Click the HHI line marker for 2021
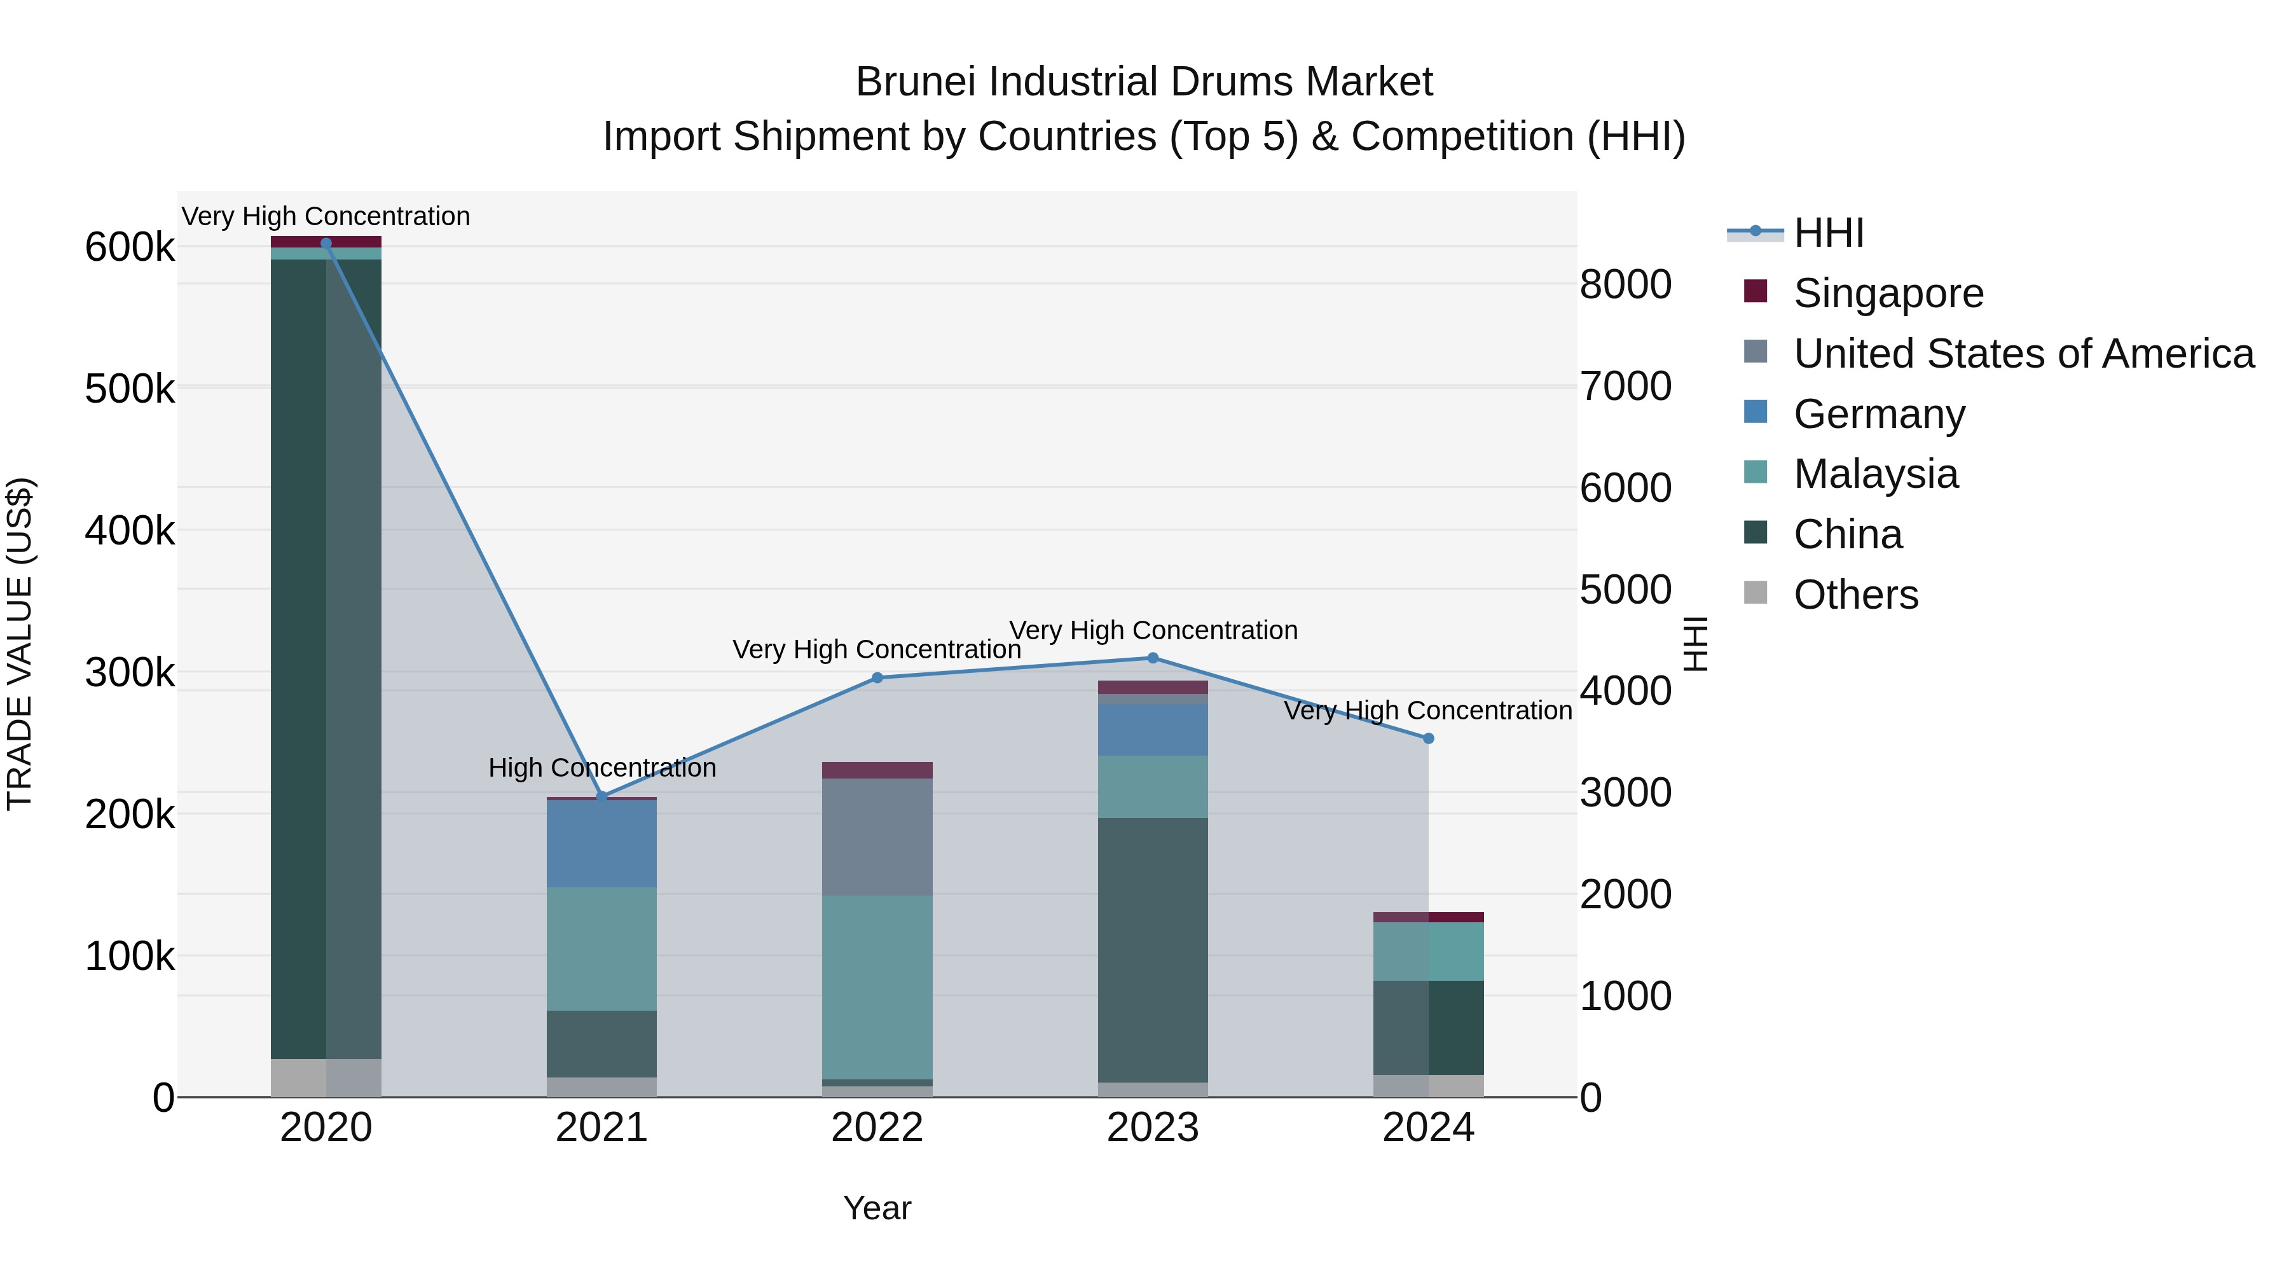601,796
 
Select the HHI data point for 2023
1153,658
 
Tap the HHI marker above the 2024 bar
1428,738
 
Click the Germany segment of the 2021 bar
601,843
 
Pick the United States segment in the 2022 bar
877,836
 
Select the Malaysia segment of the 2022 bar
877,987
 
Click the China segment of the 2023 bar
1153,950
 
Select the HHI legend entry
1828,233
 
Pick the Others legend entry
1855,595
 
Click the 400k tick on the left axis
130,530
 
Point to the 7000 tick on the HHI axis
1625,386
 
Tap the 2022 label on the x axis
877,1128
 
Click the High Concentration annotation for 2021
601,767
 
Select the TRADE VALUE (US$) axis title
20,644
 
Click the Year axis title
877,1208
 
